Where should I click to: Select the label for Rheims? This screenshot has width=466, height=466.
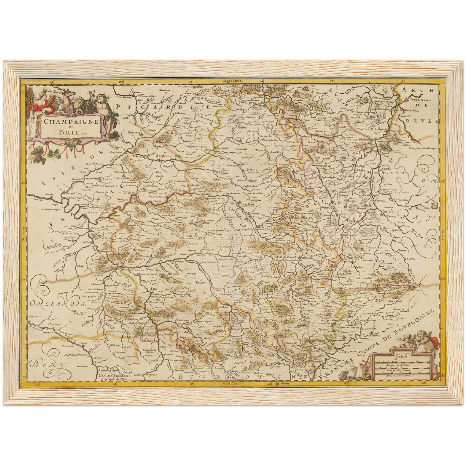tap(223, 172)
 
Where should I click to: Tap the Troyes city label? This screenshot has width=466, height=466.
tap(201, 281)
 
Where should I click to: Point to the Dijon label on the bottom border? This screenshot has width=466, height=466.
tap(285, 384)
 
